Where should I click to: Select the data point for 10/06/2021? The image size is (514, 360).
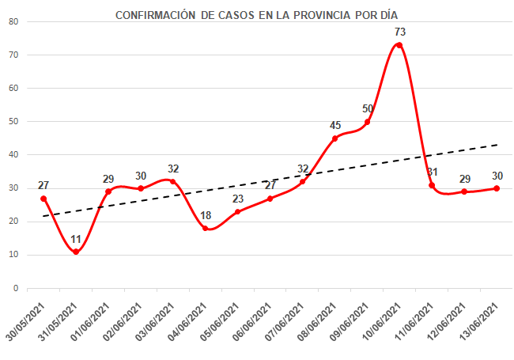399,45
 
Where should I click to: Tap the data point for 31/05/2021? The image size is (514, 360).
76,252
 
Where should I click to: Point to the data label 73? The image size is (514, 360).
400,32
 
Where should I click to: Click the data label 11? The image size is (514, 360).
76,239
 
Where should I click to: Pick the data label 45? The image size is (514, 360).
335,125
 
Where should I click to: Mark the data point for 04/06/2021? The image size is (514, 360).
206,228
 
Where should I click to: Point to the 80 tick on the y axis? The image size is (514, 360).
13,21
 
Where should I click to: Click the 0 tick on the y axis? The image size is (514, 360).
16,288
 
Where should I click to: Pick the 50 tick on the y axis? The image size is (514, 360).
13,122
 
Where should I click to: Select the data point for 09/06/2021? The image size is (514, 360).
367,122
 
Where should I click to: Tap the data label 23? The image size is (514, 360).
238,199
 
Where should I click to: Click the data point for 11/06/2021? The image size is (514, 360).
432,185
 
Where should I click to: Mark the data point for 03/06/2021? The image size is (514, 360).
173,181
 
